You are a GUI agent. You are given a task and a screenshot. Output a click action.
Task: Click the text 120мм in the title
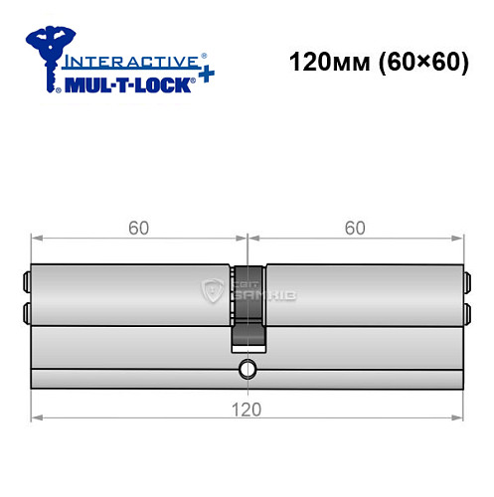coord(320,62)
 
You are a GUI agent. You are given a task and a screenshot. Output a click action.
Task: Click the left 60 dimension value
coord(138,228)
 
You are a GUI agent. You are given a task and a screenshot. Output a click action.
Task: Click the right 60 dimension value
coord(356,228)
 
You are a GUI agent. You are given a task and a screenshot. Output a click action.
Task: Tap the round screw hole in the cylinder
coord(247,373)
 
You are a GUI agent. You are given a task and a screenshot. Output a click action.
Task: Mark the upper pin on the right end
coord(465,279)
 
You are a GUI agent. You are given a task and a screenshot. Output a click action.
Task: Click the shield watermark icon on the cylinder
coord(212,291)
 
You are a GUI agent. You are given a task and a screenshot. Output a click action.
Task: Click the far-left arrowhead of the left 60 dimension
coord(36,239)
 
